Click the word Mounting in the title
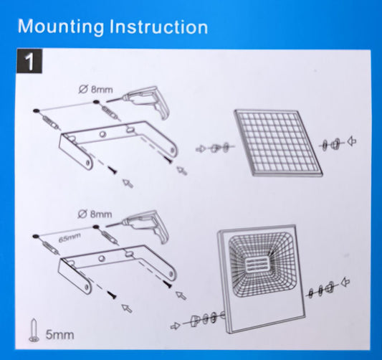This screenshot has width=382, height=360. coord(61,27)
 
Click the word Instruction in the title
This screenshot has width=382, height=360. coord(158,26)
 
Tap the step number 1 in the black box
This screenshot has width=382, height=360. coord(29,61)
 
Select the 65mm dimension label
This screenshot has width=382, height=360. coord(70,237)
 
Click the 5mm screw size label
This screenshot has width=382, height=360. coord(60,335)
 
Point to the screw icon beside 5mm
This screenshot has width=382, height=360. coord(34,330)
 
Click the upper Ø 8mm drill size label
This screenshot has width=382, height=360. coord(96,90)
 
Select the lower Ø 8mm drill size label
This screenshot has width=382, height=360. coord(95,214)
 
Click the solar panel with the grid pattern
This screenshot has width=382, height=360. coord(279,143)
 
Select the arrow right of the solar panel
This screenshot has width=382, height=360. coord(352,141)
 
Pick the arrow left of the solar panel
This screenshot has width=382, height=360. coord(201,148)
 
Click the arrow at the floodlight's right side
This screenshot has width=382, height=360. coord(345,283)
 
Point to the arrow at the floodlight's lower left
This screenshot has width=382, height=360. coord(176,326)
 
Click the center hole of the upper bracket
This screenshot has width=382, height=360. coord(102,134)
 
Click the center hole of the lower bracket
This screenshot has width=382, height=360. coord(102,258)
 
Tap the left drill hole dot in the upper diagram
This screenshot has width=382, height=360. coord(36,111)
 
